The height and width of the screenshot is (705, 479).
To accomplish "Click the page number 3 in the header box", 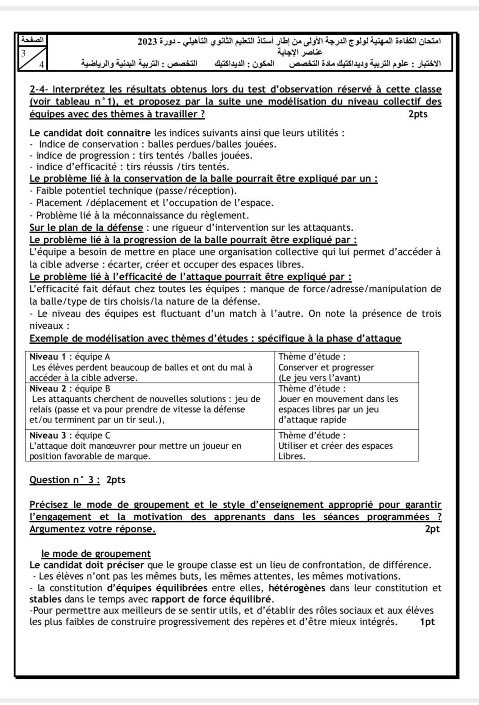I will point(23,52).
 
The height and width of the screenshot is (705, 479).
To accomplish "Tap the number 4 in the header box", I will point(41,64).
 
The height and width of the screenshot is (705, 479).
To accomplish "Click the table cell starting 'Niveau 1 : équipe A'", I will point(150,367).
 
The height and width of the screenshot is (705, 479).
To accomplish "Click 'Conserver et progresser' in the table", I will point(326,368).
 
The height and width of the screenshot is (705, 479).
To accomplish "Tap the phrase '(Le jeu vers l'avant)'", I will point(319,378).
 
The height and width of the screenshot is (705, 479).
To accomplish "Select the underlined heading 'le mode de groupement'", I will point(96,554).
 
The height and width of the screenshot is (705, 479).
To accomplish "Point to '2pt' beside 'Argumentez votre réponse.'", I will point(432,529).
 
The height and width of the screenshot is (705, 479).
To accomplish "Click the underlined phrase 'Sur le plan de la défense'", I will point(86,227).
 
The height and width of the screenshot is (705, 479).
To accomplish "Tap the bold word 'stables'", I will point(45,599).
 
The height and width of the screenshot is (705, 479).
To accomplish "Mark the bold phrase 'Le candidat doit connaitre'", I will point(90,133).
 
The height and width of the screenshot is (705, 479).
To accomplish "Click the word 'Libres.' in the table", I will point(292,456).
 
